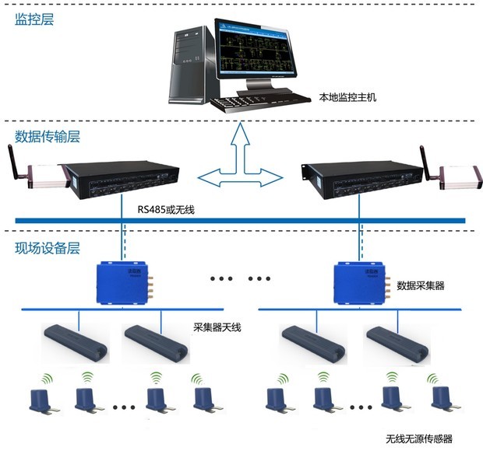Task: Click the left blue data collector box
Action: pyautogui.click(x=123, y=281)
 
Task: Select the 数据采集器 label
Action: pyautogui.click(x=421, y=285)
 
